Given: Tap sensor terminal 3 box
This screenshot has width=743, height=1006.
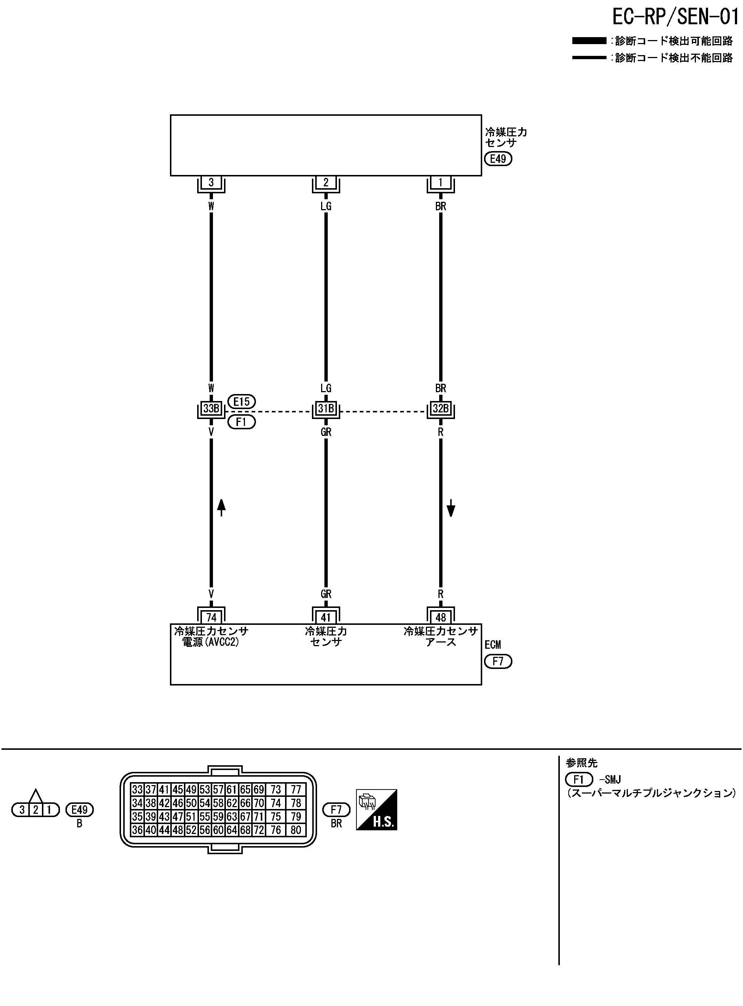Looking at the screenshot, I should click(x=211, y=182).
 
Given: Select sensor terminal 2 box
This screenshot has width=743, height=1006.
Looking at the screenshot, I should click(x=326, y=182).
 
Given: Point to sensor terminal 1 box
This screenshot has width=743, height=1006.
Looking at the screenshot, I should click(x=440, y=182).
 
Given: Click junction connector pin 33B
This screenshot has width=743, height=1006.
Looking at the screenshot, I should click(x=211, y=408).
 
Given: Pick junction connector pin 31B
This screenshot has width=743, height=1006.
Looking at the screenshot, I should click(x=326, y=408).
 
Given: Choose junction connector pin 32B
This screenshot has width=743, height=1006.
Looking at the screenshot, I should click(x=440, y=408).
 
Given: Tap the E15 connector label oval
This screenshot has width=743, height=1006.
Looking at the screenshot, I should click(x=242, y=401).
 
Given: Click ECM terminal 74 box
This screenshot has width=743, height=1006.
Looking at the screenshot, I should click(x=211, y=617).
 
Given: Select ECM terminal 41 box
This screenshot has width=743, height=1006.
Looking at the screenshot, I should click(x=326, y=617).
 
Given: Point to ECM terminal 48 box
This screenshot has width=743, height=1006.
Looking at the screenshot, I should click(x=440, y=617).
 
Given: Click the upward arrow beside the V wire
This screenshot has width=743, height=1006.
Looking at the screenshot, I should click(x=221, y=507).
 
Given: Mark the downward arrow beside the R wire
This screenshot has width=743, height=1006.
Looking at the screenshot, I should click(x=451, y=509).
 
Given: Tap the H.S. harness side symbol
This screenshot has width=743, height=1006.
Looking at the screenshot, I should click(x=376, y=810).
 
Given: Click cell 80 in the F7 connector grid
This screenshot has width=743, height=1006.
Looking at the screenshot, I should click(x=295, y=830).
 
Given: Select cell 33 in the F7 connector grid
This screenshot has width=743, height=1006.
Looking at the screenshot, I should click(x=137, y=790).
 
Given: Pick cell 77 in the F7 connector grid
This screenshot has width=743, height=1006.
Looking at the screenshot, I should click(x=295, y=790).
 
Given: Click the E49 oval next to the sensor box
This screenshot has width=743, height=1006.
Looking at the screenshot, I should click(x=498, y=159).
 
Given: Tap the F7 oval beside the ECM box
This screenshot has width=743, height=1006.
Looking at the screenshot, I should click(x=498, y=661).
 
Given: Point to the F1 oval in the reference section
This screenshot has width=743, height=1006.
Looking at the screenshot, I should click(x=579, y=779).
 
